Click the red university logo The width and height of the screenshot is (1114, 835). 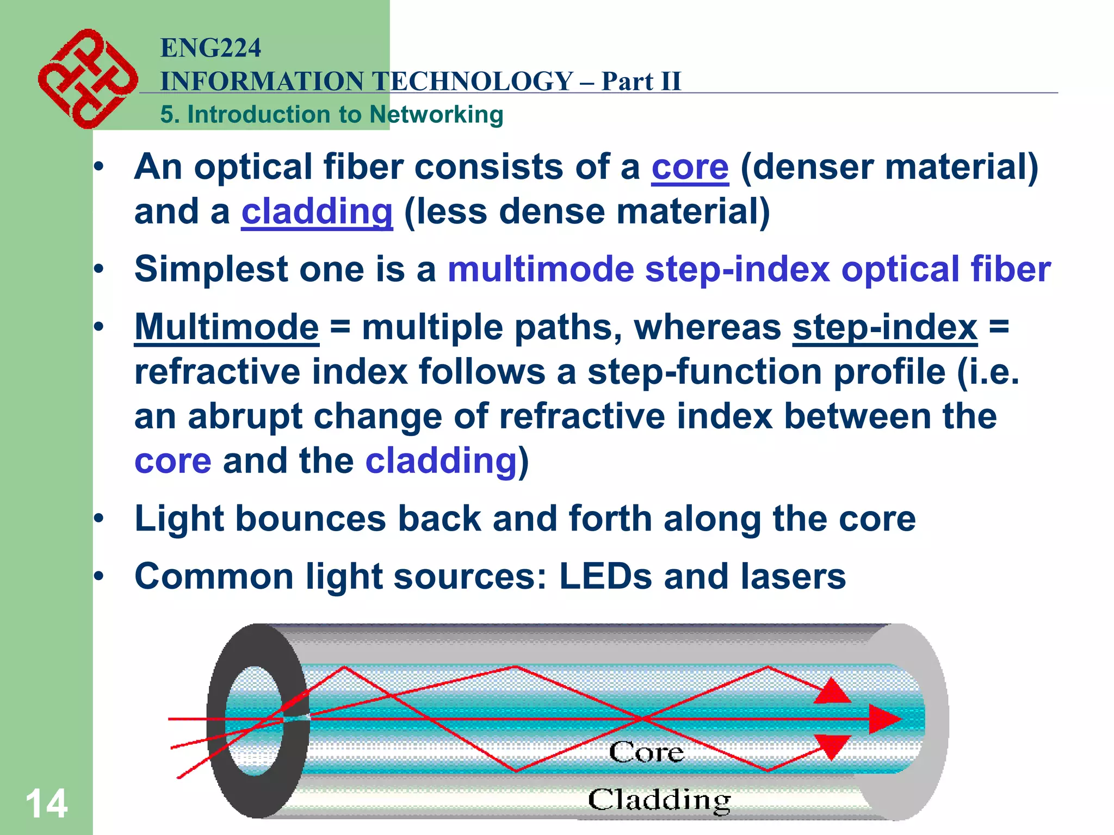(x=87, y=79)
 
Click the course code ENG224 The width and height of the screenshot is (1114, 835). (x=211, y=48)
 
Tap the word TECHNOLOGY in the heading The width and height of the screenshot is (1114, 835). (x=473, y=82)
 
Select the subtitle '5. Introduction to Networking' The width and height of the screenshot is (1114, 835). (x=331, y=115)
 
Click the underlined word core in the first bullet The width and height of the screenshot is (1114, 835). (x=690, y=167)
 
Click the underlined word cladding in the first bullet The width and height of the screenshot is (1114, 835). (x=317, y=212)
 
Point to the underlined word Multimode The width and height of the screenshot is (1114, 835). (x=226, y=327)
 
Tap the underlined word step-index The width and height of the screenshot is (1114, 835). (x=884, y=327)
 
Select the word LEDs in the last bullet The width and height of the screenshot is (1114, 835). (x=605, y=576)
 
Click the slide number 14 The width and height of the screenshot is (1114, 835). (x=46, y=804)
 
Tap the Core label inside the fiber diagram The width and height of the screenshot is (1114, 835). (x=646, y=752)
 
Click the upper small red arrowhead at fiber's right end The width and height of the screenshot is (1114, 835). (x=832, y=691)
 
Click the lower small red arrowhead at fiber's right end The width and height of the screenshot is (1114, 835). (x=832, y=746)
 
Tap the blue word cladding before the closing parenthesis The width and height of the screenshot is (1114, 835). (x=441, y=461)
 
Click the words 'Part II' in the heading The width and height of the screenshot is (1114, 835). (x=641, y=82)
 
